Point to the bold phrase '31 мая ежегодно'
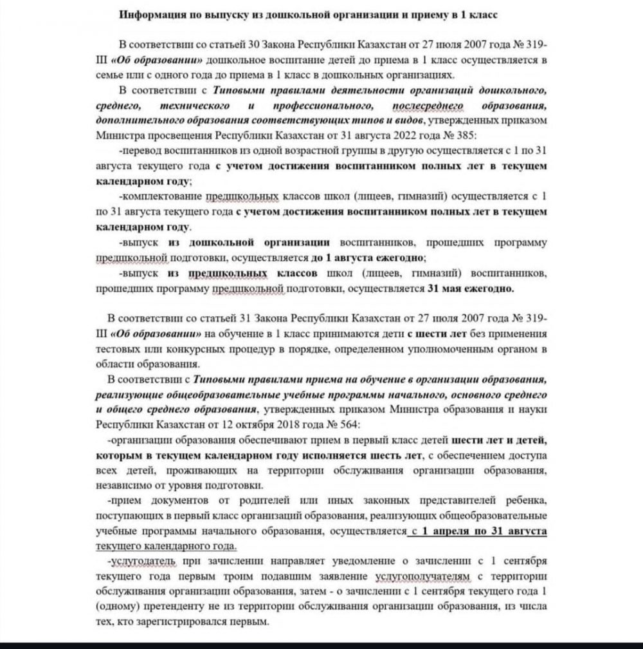472,289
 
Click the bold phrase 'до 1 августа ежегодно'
368,258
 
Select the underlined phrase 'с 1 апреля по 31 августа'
478,532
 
